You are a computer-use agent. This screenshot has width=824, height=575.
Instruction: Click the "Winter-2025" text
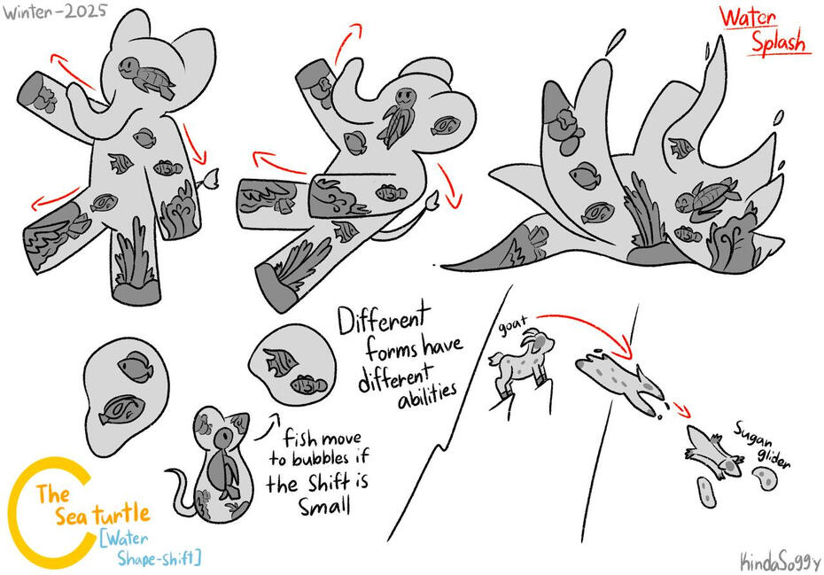point(55,12)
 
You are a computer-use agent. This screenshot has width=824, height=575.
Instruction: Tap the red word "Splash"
point(778,42)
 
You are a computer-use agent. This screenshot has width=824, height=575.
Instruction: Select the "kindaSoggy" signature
point(780,562)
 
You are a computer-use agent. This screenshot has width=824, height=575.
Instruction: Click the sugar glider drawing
point(715,452)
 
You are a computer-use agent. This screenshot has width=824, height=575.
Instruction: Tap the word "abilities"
point(427,395)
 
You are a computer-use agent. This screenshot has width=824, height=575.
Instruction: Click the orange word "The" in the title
point(52,494)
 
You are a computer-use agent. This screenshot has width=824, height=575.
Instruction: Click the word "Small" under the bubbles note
point(324,506)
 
